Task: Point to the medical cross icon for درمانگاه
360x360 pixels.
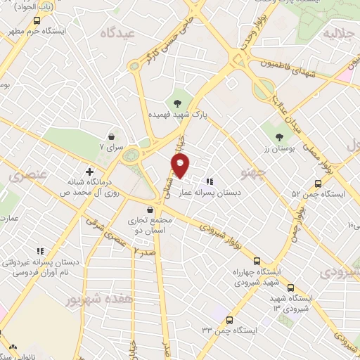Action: (89, 171)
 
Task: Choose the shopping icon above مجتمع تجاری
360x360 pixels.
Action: (149, 210)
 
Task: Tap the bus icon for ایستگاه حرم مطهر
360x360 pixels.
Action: (37, 21)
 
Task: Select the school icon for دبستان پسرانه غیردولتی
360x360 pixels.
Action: (40, 250)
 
